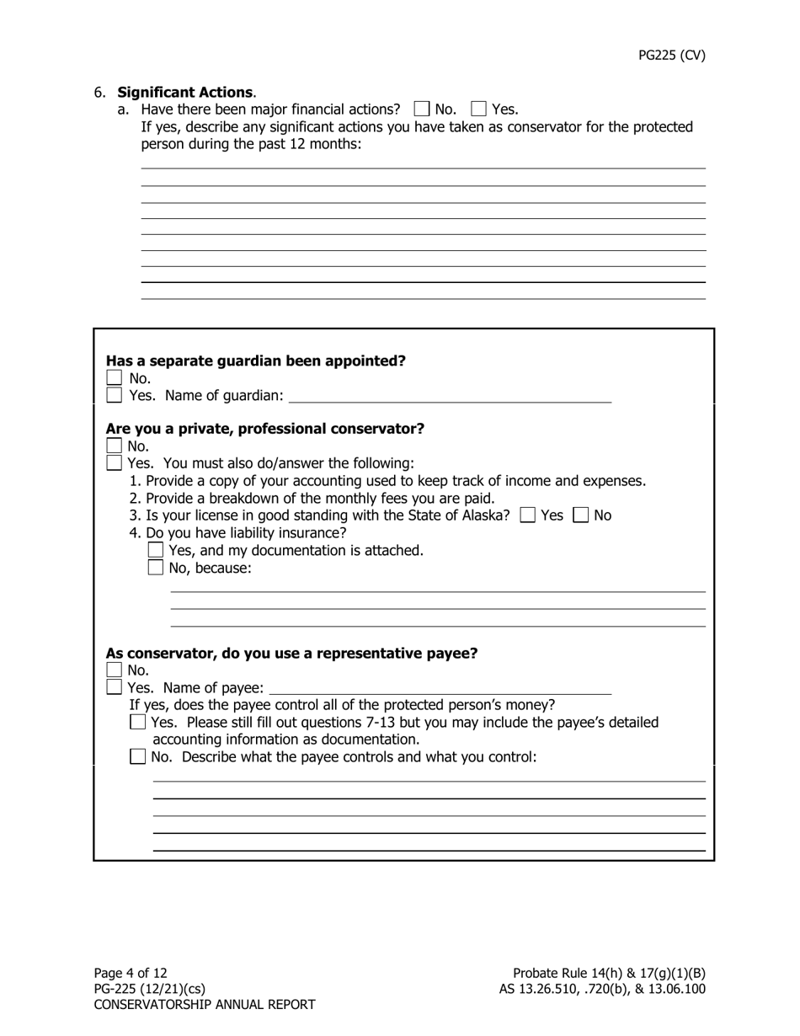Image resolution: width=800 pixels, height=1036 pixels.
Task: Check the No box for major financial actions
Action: tap(422, 109)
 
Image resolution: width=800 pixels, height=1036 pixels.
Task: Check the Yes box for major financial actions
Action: tap(479, 109)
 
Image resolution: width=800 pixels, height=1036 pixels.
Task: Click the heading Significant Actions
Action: tap(185, 92)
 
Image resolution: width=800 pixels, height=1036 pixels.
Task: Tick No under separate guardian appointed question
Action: tap(115, 378)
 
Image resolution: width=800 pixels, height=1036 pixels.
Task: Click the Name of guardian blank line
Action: tap(450, 396)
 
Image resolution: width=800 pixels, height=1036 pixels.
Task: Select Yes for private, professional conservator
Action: tap(115, 463)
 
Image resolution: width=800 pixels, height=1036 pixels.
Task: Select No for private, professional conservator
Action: tap(115, 446)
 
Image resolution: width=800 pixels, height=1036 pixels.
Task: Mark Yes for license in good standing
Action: tap(528, 515)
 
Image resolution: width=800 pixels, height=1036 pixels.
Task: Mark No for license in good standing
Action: tap(581, 515)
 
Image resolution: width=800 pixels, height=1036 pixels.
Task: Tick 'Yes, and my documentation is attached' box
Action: tap(156, 550)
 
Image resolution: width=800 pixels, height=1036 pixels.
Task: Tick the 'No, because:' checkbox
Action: tap(156, 568)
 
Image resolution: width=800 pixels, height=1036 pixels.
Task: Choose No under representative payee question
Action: tap(115, 670)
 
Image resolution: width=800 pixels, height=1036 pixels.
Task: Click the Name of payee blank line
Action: tap(440, 688)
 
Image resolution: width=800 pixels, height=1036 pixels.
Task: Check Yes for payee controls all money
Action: tap(138, 723)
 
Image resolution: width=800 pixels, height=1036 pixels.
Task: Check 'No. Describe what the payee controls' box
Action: tap(138, 757)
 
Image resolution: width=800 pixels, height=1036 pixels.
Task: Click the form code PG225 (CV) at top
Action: tap(671, 56)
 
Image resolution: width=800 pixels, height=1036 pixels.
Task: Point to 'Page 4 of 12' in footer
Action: tap(131, 973)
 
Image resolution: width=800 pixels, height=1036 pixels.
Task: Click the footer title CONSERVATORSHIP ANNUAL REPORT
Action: tap(205, 1005)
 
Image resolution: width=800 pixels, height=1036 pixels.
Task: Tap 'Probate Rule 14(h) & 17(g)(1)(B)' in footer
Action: tap(609, 973)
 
